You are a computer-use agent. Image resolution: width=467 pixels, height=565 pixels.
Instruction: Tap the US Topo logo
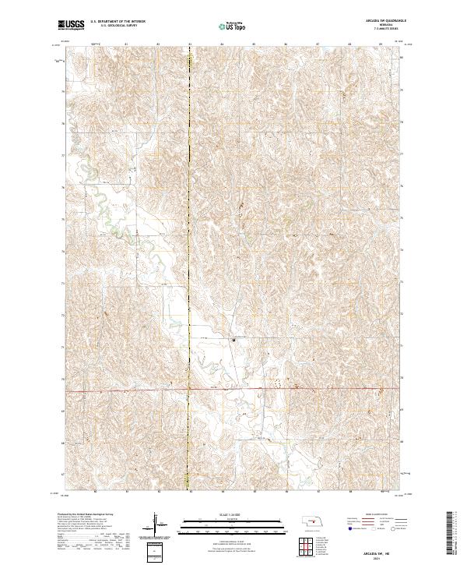[232, 26]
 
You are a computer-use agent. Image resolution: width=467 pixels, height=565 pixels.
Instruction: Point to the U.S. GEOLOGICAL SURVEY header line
[118, 27]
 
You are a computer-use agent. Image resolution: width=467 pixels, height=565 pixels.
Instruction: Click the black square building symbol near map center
[233, 339]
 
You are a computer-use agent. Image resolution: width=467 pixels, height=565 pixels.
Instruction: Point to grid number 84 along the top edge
[222, 44]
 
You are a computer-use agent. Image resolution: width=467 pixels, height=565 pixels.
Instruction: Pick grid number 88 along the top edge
[349, 44]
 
